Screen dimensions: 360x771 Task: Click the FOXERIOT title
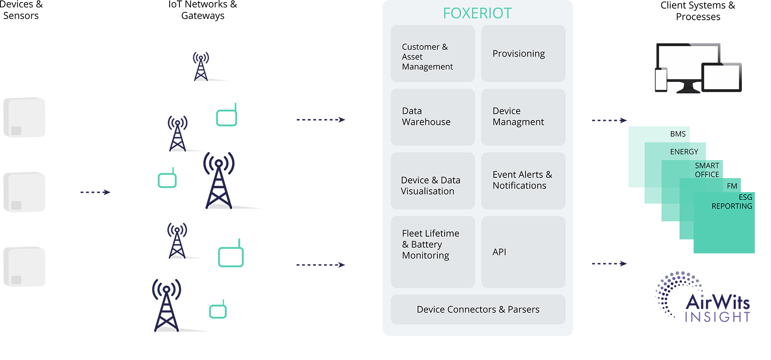coord(477,13)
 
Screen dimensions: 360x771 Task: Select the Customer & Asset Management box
coord(433,54)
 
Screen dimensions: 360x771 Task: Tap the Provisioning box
coord(523,54)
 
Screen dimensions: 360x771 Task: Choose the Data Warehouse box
coord(433,117)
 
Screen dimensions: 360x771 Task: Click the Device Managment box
coord(523,117)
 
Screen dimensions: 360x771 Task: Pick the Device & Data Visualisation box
coord(433,181)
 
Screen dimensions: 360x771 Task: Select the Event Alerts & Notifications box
coord(523,181)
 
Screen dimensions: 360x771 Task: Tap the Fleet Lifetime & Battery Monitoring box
coord(433,252)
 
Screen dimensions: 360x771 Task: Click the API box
coord(523,252)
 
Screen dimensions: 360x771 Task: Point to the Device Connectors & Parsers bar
coord(478,309)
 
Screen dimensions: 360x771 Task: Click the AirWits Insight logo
coord(704,298)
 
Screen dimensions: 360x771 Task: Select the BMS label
coord(678,134)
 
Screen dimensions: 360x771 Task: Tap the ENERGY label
coord(684,152)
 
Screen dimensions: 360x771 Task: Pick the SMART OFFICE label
coord(707,170)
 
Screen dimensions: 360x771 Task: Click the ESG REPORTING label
coord(732,202)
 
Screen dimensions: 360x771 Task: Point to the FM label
coord(732,186)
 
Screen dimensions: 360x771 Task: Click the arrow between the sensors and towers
coord(95,192)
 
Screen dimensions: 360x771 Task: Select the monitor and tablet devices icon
coord(698,69)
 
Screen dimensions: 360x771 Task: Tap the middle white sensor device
coord(24,192)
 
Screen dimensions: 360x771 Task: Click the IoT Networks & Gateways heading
coord(203,10)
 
